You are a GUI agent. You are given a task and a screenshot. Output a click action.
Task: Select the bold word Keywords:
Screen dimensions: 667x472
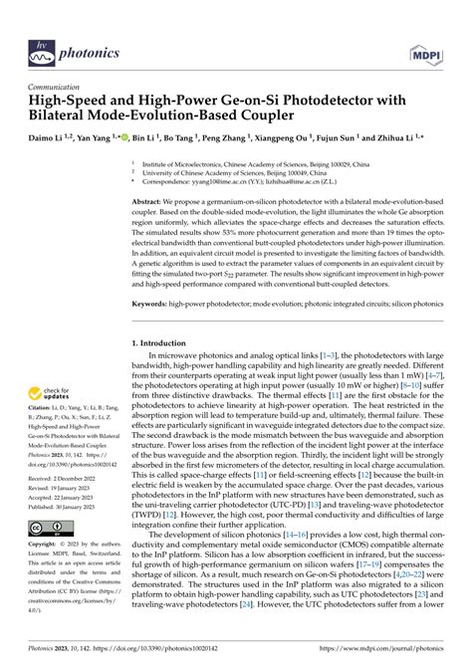click(153, 300)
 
